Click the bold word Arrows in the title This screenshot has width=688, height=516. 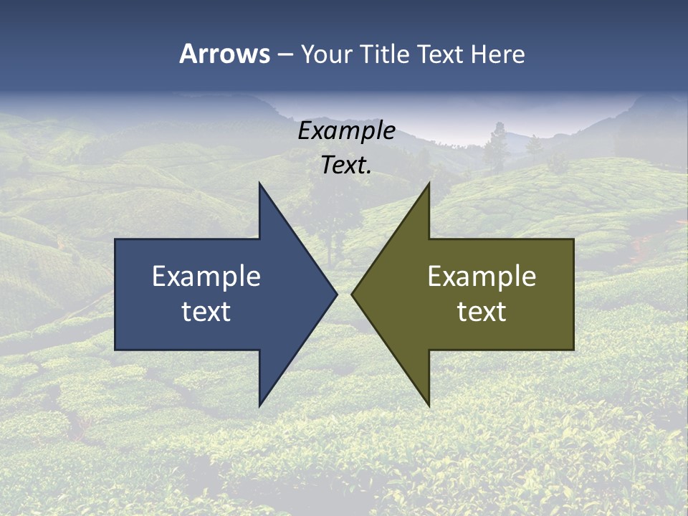pyautogui.click(x=224, y=54)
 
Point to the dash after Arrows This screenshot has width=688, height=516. pyautogui.click(x=285, y=55)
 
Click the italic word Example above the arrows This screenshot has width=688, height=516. pyautogui.click(x=347, y=131)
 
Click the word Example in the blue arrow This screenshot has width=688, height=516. pyautogui.click(x=206, y=277)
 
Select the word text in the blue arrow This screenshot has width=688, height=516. pyautogui.click(x=206, y=312)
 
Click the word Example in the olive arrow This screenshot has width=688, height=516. pyautogui.click(x=482, y=277)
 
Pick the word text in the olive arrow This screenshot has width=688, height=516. pyautogui.click(x=482, y=312)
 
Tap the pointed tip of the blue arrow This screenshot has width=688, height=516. pyautogui.click(x=335, y=294)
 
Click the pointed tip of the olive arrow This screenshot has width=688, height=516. pyautogui.click(x=353, y=294)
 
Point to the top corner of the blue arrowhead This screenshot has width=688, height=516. pyautogui.click(x=260, y=185)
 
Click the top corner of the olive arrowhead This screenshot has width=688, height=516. pyautogui.click(x=429, y=185)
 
